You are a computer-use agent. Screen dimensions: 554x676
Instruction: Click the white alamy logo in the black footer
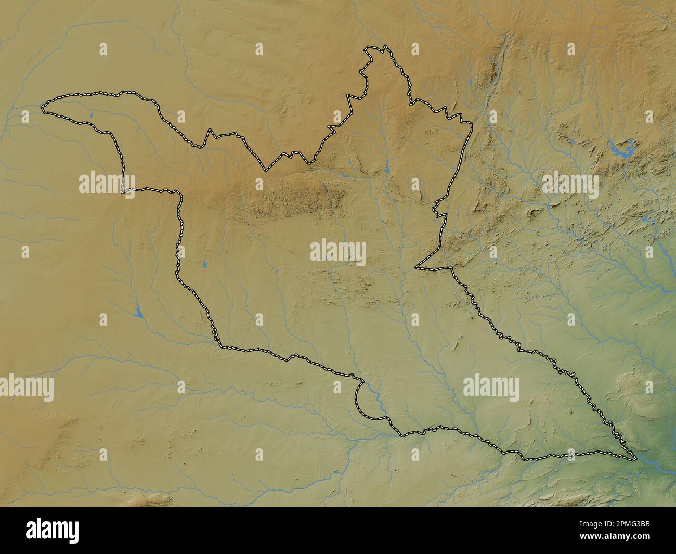53,530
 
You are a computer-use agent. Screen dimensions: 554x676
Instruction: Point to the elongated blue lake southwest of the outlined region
139,311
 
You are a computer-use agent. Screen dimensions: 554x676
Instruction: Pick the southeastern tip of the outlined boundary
634,459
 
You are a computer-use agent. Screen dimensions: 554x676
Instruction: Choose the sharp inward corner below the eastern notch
416,268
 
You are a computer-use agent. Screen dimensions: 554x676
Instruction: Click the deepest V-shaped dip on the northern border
267,170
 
